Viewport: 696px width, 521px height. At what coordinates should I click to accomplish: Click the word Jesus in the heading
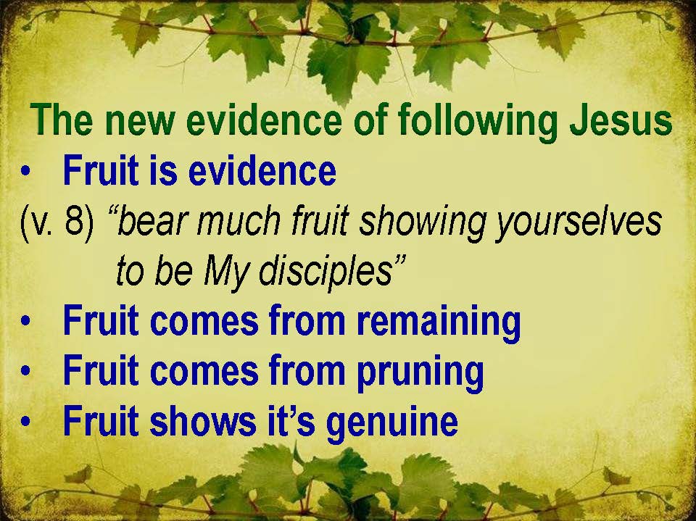click(x=621, y=120)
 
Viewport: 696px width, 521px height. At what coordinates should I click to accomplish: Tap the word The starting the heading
click(x=62, y=120)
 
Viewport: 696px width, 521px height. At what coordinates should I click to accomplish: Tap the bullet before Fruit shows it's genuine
click(x=26, y=421)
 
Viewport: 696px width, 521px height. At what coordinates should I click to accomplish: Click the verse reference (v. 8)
click(x=57, y=220)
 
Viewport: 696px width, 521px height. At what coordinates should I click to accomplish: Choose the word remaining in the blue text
click(x=439, y=322)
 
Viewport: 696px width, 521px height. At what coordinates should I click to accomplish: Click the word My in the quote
click(x=225, y=272)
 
